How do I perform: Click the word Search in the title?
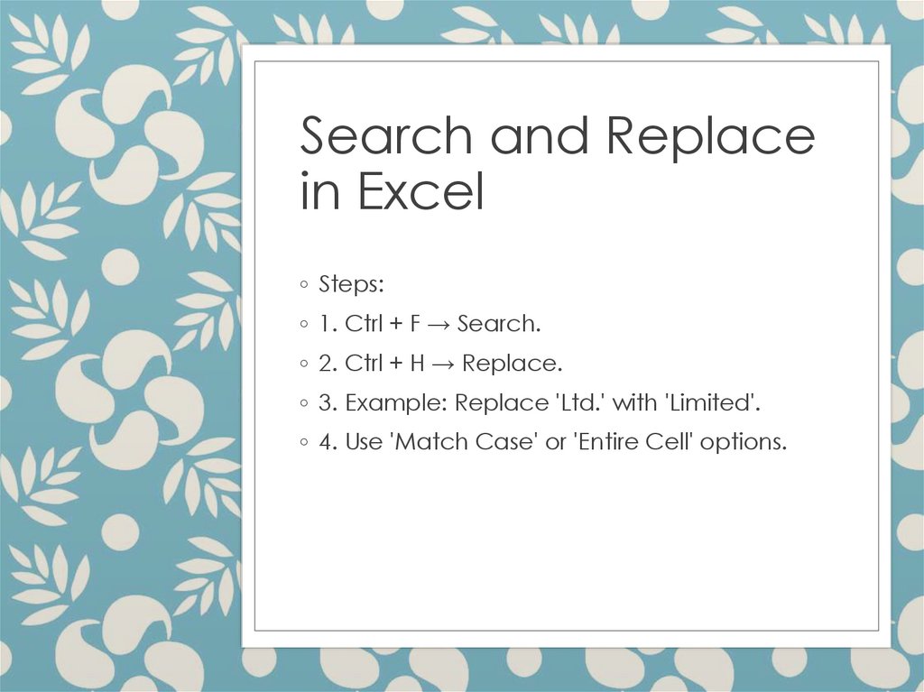point(386,136)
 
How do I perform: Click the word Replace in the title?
point(710,136)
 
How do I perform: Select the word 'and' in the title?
point(539,136)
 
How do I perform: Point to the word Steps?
point(352,285)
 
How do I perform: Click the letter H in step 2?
point(418,364)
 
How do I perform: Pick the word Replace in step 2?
point(512,364)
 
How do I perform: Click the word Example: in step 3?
point(397,403)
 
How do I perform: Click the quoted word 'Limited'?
point(712,403)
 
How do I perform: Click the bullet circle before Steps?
point(305,286)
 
